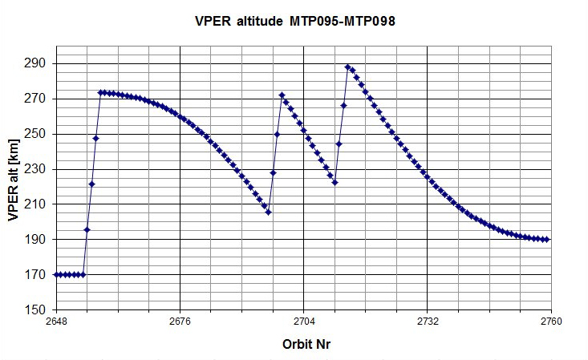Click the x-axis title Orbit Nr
(306, 344)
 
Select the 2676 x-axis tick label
(180, 322)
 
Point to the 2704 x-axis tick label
(303, 322)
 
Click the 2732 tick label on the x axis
(428, 322)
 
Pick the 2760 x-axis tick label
(551, 322)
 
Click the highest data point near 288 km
(347, 67)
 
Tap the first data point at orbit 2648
(56, 275)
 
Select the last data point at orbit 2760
(547, 240)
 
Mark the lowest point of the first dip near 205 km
(268, 212)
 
